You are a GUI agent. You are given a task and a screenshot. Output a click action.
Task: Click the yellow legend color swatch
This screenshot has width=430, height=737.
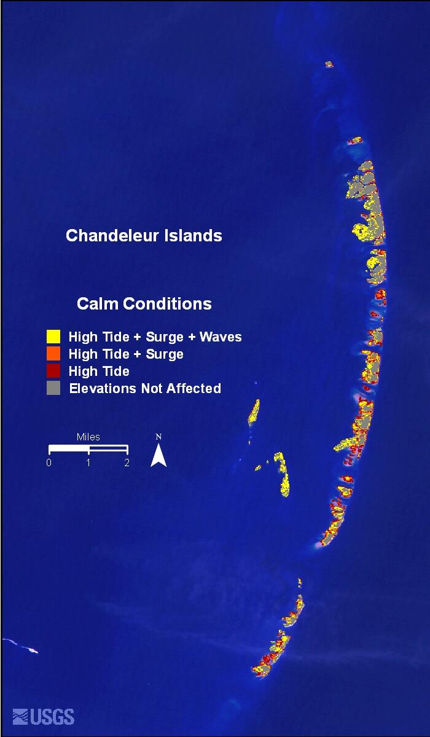[x=53, y=337]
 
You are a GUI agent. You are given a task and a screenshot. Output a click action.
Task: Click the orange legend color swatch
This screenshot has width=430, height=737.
[x=53, y=354]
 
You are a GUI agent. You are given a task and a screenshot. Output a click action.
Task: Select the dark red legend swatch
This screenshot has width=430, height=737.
[x=53, y=371]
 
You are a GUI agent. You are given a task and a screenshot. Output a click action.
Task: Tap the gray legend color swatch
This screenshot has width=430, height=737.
[x=53, y=388]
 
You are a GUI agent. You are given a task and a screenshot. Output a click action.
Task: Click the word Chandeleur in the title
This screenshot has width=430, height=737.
[x=109, y=236]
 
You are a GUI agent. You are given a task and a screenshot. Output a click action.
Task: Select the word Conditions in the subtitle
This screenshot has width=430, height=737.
[x=167, y=303]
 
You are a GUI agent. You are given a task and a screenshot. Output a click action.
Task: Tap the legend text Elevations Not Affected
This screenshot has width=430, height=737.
[x=145, y=388]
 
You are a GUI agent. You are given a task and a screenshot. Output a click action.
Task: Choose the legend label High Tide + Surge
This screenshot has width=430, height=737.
[x=126, y=354]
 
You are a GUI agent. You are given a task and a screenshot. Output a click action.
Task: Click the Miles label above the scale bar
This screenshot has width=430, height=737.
[x=88, y=437]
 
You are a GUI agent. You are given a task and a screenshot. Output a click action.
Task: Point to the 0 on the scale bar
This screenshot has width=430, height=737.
[x=49, y=462]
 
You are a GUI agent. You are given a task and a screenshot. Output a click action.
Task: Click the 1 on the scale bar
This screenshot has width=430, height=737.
[x=88, y=462]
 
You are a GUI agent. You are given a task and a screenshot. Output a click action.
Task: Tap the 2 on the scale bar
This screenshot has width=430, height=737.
[x=127, y=462]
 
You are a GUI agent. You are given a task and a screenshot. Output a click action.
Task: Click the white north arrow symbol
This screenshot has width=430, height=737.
[x=158, y=456]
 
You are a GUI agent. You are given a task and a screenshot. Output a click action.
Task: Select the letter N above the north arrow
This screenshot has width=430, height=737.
[x=158, y=437]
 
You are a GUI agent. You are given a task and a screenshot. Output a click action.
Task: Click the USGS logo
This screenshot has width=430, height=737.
[x=44, y=717]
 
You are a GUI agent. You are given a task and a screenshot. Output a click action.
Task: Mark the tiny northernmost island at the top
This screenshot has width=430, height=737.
[x=329, y=64]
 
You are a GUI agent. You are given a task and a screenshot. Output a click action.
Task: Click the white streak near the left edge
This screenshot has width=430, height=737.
[x=21, y=646]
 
